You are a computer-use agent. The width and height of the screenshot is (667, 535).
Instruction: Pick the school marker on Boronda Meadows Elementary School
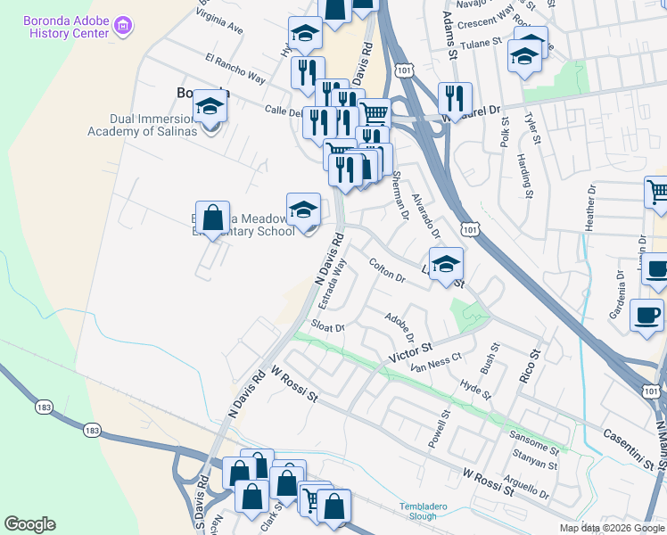point(303,210)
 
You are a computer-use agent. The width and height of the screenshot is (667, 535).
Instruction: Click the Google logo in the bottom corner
point(29,524)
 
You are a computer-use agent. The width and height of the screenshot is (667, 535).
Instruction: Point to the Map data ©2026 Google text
point(612,528)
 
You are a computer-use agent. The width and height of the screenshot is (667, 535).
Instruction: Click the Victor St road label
point(409,351)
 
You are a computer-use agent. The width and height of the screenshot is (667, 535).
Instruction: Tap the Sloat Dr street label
point(327,327)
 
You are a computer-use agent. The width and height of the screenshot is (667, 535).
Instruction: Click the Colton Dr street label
point(387,271)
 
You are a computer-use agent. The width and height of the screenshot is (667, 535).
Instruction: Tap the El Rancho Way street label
point(235,69)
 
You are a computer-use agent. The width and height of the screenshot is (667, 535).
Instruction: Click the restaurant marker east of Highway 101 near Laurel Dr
point(456,101)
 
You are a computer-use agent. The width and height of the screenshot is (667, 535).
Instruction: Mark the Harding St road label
point(523,175)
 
